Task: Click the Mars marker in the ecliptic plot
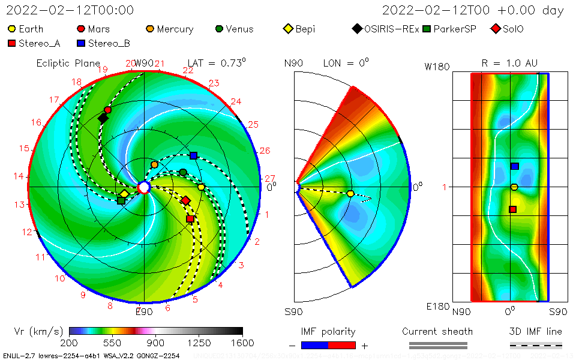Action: coord(107,110)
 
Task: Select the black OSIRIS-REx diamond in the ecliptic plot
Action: coord(103,118)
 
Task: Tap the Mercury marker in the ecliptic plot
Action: coord(155,164)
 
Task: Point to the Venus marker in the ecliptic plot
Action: coord(183,173)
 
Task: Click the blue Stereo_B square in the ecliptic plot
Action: coord(193,155)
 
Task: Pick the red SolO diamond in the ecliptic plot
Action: coord(186,200)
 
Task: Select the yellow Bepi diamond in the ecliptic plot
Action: coord(124,194)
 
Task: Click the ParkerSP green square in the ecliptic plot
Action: coord(121,200)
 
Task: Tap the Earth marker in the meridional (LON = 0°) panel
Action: coord(350,193)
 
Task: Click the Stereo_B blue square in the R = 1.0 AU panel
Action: coord(514,166)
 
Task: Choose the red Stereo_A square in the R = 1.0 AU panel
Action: coord(513,209)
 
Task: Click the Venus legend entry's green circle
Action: coord(220,29)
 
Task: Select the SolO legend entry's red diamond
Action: coord(495,29)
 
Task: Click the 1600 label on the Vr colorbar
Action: coord(242,343)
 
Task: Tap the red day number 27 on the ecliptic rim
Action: coord(269,178)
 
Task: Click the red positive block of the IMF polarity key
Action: coord(342,345)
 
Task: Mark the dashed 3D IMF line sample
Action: coord(536,345)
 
